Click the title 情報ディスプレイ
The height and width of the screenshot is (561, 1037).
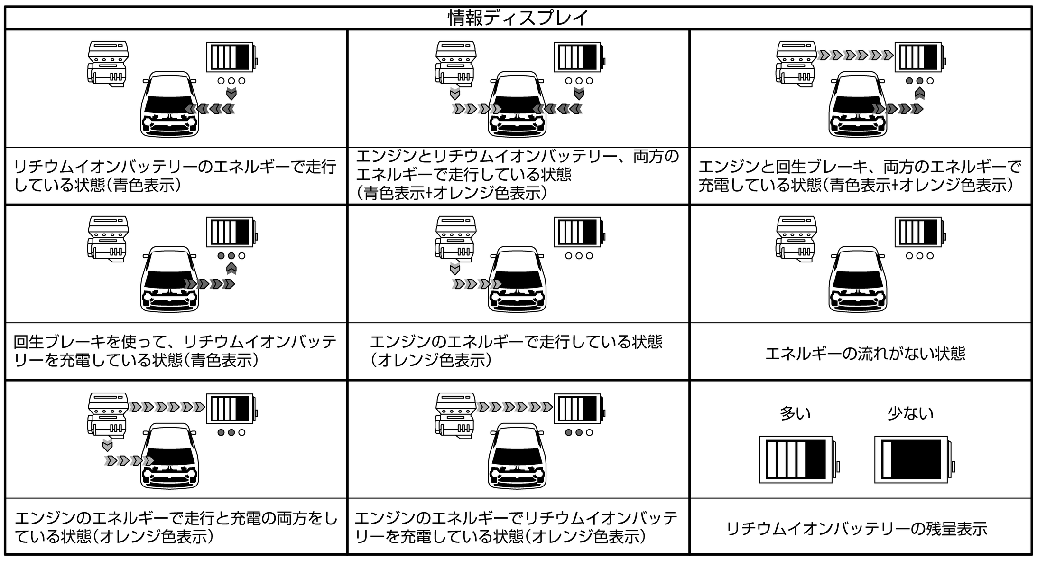518,18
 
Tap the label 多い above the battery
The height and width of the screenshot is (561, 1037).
795,413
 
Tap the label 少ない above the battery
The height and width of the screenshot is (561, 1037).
910,413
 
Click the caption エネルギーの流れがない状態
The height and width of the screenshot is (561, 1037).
865,354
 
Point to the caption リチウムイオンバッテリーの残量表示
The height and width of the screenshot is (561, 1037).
857,529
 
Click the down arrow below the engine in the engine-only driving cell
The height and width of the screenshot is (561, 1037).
455,269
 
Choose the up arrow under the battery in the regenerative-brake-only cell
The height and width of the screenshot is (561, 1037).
231,269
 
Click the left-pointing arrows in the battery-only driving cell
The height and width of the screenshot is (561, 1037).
210,110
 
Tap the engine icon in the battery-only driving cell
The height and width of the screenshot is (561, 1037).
108,64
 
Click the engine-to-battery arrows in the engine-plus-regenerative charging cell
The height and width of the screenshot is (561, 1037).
855,56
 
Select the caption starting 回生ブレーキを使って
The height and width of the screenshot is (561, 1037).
175,351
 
